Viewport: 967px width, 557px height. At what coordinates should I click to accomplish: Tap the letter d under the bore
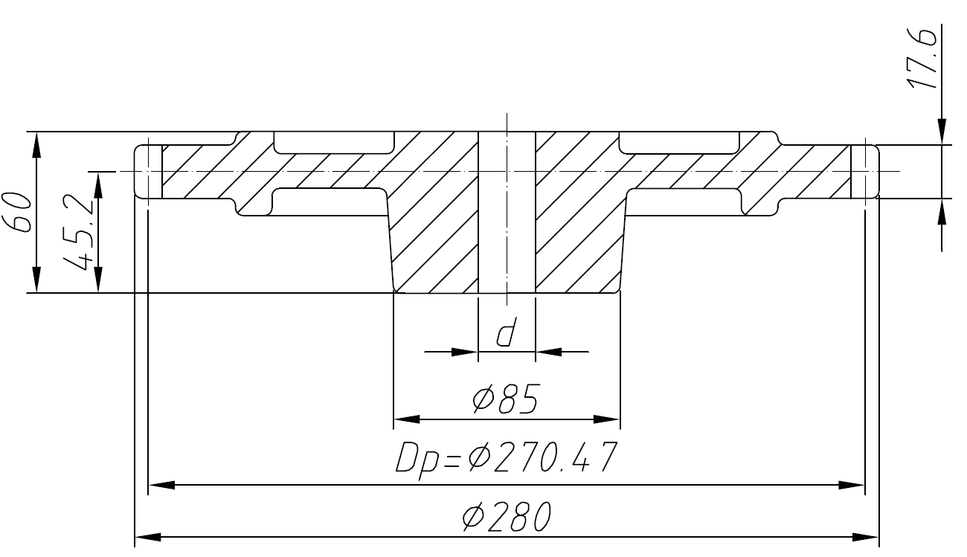coord(505,334)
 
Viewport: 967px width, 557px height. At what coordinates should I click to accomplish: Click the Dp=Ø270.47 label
coord(505,459)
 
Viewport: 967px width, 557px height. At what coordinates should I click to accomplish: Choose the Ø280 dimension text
coord(505,516)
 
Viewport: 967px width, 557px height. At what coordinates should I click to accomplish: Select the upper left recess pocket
coord(333,141)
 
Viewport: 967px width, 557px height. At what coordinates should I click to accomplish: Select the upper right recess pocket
coord(679,141)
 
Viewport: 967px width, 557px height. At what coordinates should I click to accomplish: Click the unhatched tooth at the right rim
coord(864,171)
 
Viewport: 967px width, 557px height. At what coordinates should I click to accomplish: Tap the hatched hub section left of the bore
coord(435,223)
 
